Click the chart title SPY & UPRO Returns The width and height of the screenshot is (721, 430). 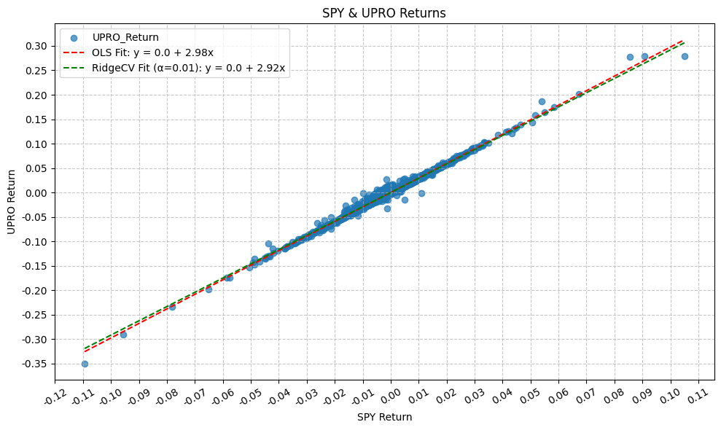coord(384,13)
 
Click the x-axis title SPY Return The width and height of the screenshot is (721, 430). coord(384,418)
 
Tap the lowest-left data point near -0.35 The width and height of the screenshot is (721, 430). coord(85,364)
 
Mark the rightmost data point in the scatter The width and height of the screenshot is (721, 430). coord(685,56)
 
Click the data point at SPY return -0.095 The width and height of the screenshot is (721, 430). coord(123,335)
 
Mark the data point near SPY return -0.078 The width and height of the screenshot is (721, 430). coord(172,307)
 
